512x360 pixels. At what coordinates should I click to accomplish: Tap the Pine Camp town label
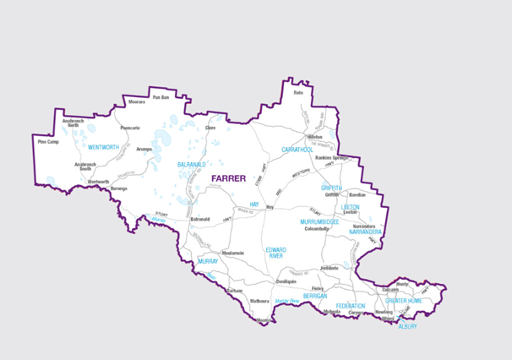tap(48, 142)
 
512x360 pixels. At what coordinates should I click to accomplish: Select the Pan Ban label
tap(161, 98)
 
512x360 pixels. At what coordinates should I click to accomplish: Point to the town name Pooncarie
tap(130, 128)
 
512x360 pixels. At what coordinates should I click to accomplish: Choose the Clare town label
tap(199, 128)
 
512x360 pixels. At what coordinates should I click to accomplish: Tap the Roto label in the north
tap(297, 92)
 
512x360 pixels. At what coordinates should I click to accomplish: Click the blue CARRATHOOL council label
tap(297, 150)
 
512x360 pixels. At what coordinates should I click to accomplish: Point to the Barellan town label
tap(357, 194)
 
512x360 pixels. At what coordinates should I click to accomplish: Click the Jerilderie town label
tap(330, 268)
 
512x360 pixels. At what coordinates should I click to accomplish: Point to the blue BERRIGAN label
tap(315, 297)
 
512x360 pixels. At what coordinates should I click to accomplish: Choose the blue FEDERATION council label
tap(350, 305)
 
